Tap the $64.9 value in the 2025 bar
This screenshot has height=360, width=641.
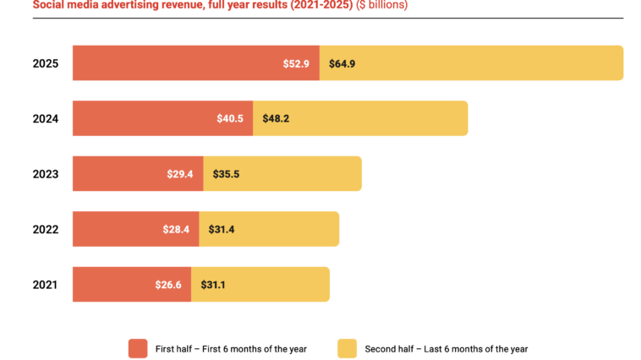(x=342, y=63)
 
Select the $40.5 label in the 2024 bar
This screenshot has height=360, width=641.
(x=230, y=118)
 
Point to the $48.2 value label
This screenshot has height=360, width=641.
(x=276, y=118)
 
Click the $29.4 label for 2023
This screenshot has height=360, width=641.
(x=180, y=174)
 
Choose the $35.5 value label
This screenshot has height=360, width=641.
(x=226, y=174)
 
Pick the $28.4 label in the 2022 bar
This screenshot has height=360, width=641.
(x=176, y=229)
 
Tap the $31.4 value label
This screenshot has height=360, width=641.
(x=222, y=229)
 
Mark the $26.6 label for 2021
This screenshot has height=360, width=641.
(x=168, y=285)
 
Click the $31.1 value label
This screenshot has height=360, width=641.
(x=214, y=285)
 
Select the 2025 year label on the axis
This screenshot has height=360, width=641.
(x=45, y=63)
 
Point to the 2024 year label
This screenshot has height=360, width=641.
(x=45, y=118)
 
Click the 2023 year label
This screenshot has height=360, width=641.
(x=45, y=174)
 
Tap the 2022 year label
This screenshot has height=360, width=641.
(x=45, y=229)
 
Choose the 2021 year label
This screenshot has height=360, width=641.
(x=45, y=285)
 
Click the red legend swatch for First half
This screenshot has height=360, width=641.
(x=138, y=348)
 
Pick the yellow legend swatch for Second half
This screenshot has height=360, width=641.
(x=347, y=348)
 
